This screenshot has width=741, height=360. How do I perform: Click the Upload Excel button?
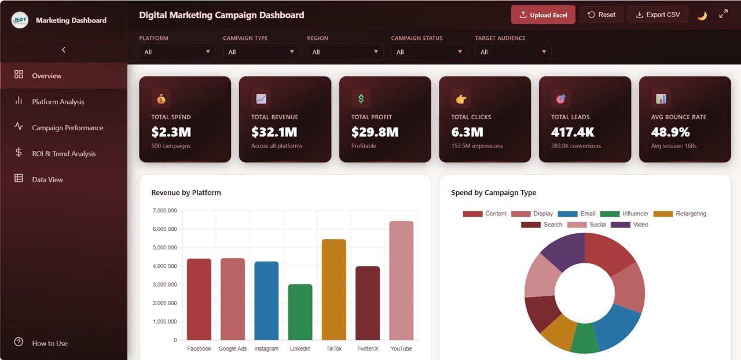coord(543,15)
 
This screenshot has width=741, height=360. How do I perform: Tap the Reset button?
coord(601,14)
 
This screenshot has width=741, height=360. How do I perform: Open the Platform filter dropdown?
coord(177,52)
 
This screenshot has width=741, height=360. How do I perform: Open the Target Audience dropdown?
coord(513,52)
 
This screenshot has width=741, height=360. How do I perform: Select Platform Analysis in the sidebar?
coord(58,102)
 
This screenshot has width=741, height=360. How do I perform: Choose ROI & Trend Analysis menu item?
coord(64,154)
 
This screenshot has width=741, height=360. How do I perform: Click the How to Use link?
coord(50,343)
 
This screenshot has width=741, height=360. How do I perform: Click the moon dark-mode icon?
coord(702,15)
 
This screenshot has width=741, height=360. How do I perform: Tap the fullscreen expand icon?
coord(724,14)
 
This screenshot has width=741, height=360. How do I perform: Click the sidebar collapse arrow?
coord(64,50)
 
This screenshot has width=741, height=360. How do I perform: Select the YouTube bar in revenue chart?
coord(401,281)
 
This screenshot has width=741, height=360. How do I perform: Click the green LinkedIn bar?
coord(300,313)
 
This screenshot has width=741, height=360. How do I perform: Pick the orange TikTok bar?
coord(334,289)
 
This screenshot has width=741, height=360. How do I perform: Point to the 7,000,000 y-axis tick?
coord(165,211)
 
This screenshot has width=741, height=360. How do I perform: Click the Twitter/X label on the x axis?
coord(368,349)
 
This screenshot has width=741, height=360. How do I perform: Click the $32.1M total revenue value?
coord(274,132)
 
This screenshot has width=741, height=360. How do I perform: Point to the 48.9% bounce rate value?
coord(670,132)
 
